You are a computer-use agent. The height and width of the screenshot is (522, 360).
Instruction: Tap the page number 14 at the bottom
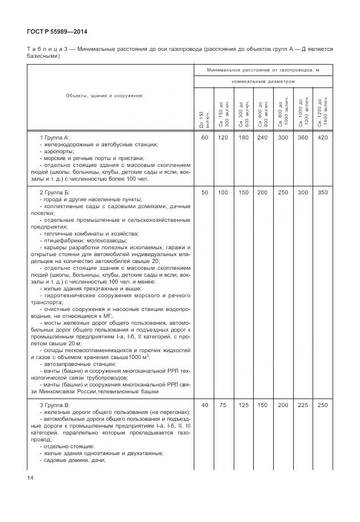coord(30,477)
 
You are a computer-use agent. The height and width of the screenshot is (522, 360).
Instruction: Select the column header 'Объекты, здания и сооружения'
coord(103,95)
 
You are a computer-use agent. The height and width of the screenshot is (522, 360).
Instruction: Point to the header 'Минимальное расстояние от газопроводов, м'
coord(262,69)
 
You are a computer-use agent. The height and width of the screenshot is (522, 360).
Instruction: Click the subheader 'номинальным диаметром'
coord(263,81)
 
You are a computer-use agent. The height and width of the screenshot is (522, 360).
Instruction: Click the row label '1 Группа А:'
coord(54,138)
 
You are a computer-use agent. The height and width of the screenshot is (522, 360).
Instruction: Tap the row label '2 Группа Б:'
coord(54,193)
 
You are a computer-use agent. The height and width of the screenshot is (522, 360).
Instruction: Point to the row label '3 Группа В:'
coord(54,405)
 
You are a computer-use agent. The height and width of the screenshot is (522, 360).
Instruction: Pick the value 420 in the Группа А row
coord(322,138)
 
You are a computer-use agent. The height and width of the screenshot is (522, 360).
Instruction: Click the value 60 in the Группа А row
coord(204,138)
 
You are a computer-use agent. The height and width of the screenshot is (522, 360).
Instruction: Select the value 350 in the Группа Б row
coord(322,193)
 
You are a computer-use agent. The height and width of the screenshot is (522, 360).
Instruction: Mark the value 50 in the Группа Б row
coord(204,193)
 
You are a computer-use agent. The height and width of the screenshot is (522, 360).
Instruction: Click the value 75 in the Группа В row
coord(223,405)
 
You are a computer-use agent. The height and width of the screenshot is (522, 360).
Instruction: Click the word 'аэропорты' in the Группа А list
coord(59,152)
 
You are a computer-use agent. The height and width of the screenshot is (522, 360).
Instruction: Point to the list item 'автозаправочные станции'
coord(76,364)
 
